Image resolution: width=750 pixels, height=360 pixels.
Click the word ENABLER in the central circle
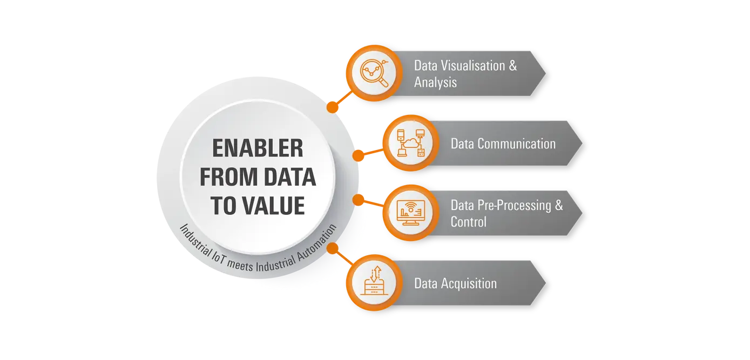[258, 148]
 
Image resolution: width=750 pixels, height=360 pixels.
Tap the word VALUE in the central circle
[274, 206]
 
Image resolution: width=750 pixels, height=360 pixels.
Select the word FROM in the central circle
[228, 176]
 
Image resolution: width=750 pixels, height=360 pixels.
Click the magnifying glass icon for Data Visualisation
[374, 73]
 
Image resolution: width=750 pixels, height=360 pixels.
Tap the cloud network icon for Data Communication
[411, 143]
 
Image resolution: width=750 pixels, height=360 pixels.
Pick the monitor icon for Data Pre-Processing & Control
[410, 213]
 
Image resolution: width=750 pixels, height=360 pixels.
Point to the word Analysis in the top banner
[435, 82]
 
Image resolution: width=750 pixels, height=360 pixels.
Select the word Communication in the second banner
[517, 144]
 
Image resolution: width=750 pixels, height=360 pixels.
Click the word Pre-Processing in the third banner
[514, 206]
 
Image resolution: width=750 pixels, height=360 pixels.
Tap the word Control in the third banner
[469, 222]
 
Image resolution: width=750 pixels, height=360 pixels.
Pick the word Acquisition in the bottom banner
[469, 284]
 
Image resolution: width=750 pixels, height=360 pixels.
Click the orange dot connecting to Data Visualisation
[332, 107]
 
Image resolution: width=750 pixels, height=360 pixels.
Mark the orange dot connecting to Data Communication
[358, 155]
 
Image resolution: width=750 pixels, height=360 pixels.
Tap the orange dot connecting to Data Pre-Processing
[358, 200]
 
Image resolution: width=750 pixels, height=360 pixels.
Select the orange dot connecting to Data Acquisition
[332, 248]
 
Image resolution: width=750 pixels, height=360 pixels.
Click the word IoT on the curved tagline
[219, 256]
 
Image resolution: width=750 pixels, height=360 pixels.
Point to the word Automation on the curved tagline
[317, 242]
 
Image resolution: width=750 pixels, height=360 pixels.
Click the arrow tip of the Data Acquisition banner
[545, 283]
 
